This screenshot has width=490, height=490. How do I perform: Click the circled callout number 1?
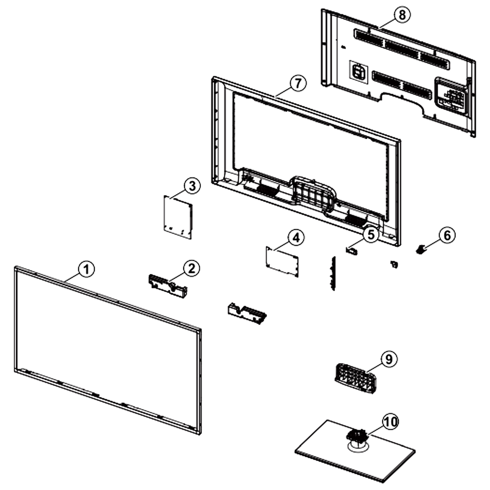pos(86,269)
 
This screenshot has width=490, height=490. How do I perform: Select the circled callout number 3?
pos(192,186)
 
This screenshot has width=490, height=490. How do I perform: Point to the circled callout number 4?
pos(296,238)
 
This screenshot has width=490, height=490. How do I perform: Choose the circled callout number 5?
pos(371,234)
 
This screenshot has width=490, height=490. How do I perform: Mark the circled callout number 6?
pos(447,235)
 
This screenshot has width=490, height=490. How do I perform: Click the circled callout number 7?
pos(298,83)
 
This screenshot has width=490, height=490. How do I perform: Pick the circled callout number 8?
pos(402,15)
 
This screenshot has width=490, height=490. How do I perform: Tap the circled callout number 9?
pos(389,359)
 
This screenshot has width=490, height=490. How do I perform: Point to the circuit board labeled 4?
pos(282,261)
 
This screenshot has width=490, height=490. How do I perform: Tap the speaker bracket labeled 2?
pos(168,285)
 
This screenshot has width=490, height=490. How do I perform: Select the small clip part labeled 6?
pos(421,249)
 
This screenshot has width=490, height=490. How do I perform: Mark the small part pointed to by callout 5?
pos(351,250)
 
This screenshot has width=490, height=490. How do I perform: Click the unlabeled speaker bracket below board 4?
pos(247,313)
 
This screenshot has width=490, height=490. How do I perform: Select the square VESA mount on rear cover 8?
pos(359,72)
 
